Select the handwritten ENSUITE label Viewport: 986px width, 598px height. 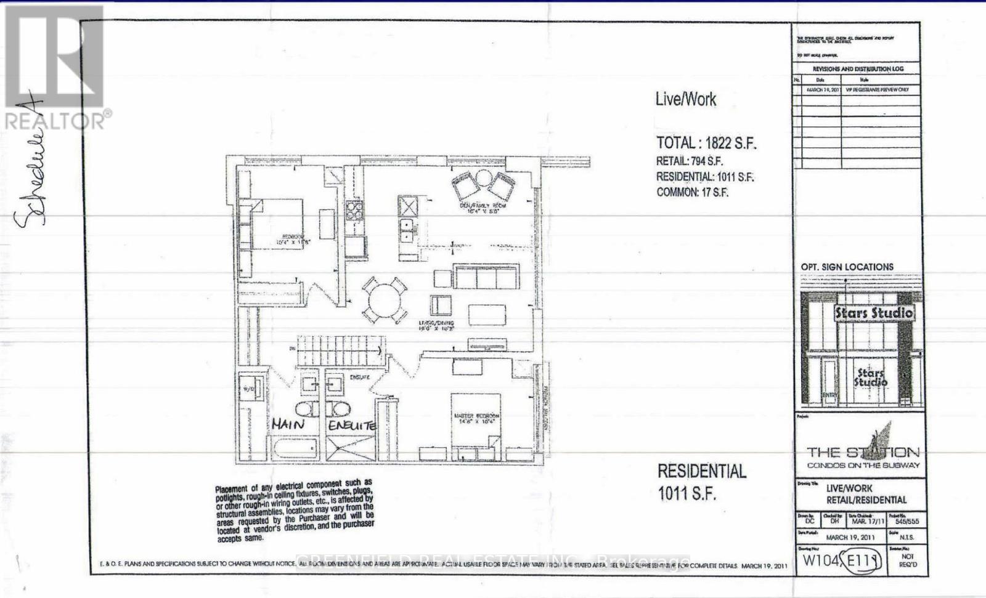pos(351,426)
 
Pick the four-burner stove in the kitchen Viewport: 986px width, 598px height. pos(354,211)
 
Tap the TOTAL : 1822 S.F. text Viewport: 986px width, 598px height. pos(706,143)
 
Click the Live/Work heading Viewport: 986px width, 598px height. pos(686,99)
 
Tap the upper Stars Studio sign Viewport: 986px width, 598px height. pos(873,313)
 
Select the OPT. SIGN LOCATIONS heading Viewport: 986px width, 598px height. pos(847,267)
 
